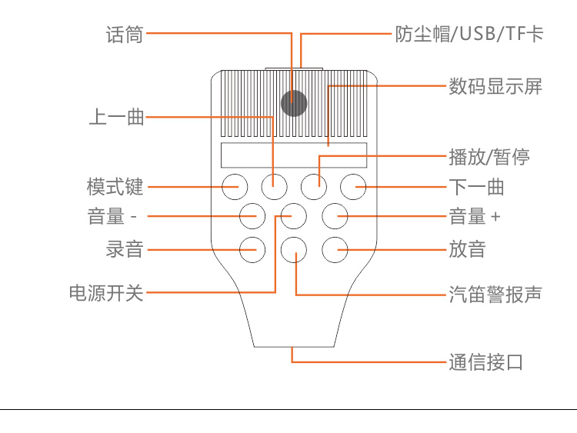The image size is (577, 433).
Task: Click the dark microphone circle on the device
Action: point(293,103)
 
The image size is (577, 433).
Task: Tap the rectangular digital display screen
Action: point(293,155)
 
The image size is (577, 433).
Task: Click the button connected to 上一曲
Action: point(274,185)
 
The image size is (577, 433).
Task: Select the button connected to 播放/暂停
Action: point(313,185)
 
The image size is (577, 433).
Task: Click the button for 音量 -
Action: point(252,216)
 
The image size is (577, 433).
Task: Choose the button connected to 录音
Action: point(252,248)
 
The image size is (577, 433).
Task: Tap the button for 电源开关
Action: point(293,216)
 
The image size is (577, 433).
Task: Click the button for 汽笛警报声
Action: point(293,248)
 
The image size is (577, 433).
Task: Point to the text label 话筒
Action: point(125,35)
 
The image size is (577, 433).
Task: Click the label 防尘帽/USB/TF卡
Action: point(469,35)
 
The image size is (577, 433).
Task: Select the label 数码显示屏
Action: point(495,86)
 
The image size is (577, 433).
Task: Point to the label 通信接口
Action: point(486,362)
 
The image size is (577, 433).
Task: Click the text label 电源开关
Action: point(106,292)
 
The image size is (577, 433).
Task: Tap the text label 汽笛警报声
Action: point(495,294)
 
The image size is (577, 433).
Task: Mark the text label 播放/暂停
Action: point(489,158)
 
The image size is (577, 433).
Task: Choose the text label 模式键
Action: point(115,187)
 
